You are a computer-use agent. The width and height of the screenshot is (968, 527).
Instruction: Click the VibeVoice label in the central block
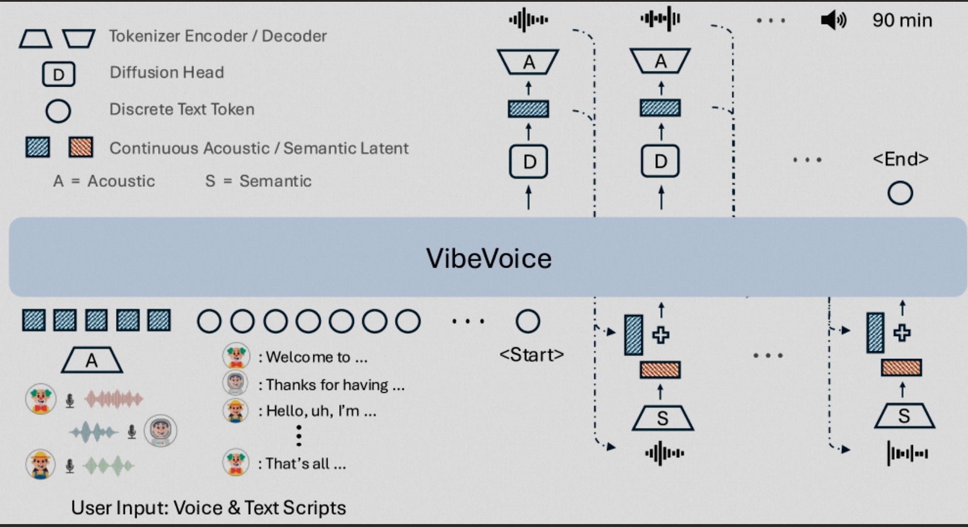[x=488, y=258]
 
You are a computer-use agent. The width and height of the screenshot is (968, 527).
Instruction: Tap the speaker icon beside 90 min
[x=833, y=20]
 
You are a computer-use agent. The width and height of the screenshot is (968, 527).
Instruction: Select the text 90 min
[x=902, y=20]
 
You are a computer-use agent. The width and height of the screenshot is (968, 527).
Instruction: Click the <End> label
[x=900, y=159]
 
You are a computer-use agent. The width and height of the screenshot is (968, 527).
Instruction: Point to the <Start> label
[x=531, y=354]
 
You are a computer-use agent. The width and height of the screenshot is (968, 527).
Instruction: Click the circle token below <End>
[x=900, y=193]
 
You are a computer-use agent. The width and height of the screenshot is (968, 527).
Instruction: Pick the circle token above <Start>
[x=527, y=321]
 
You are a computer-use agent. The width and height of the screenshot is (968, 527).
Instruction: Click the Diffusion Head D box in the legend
[x=59, y=74]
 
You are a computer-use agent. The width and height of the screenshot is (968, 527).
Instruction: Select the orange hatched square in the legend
[x=81, y=147]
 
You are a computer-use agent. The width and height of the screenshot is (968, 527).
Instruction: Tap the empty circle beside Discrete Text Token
[x=58, y=111]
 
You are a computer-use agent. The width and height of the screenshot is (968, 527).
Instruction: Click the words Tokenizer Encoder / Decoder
[x=217, y=36]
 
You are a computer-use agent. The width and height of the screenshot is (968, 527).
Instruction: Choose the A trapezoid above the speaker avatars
[x=92, y=361]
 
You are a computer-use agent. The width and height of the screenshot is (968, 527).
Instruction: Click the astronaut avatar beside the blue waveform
[x=160, y=431]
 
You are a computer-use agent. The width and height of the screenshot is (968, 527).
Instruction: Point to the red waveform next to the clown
[x=113, y=399]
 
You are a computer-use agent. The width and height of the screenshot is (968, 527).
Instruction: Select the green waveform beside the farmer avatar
[x=108, y=466]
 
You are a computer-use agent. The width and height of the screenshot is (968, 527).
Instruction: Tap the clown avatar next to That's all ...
[x=236, y=463]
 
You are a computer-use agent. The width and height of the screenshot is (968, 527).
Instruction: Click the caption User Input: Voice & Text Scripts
[x=208, y=508]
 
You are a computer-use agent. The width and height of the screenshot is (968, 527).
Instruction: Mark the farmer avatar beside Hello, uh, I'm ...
[x=236, y=410]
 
